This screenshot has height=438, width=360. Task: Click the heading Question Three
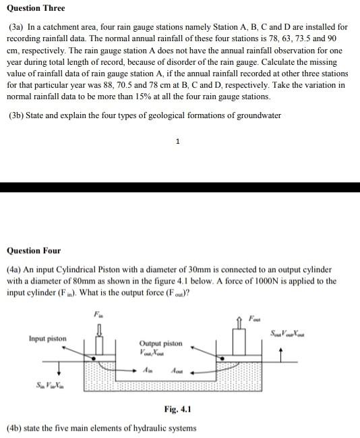click(x=36, y=8)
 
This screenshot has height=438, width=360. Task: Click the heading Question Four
click(x=34, y=250)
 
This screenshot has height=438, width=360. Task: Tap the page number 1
click(x=177, y=142)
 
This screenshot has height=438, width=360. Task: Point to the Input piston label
click(x=47, y=337)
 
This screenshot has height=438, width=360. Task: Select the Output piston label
click(x=160, y=343)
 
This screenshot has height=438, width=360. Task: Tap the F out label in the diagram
click(x=254, y=318)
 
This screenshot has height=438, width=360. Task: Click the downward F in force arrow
click(x=100, y=330)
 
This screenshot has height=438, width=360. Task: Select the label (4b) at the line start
click(x=15, y=428)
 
